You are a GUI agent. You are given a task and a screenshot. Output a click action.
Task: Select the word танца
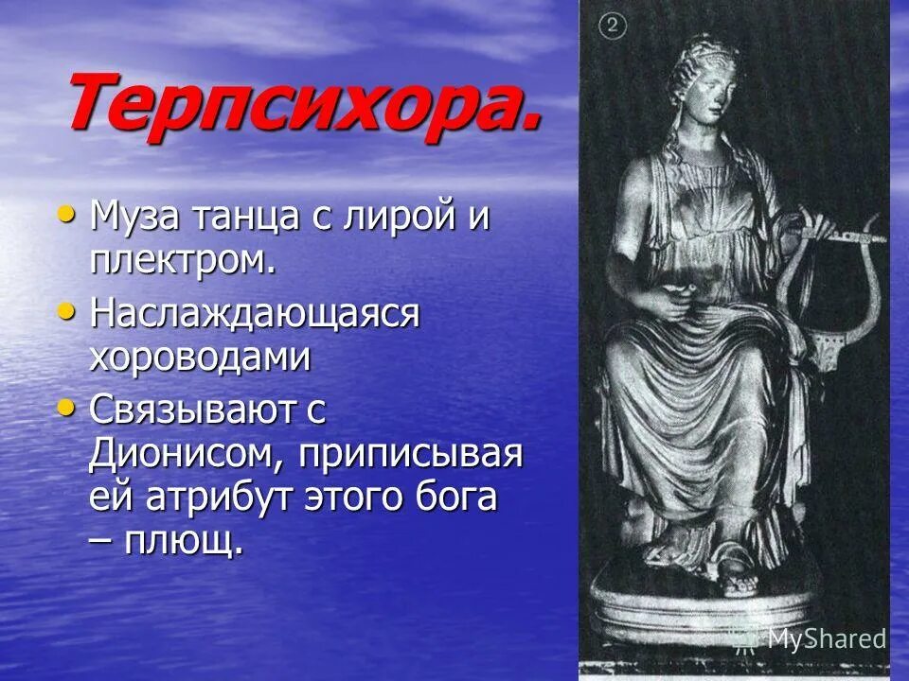coord(236,217)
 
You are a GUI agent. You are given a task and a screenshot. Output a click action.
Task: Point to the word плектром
coord(182,259)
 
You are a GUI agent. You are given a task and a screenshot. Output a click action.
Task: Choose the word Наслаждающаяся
coord(254,314)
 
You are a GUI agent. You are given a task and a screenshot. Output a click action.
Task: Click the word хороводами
coord(200,357)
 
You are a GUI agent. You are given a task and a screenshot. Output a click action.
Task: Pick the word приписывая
coord(412,454)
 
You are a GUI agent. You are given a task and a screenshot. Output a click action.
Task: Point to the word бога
coord(452,497)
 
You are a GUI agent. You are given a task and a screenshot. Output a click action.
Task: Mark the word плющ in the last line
coord(189,541)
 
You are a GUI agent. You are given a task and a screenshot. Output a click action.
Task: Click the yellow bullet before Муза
coord(65,213)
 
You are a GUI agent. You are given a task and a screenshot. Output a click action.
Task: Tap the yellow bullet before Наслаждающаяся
coord(65,310)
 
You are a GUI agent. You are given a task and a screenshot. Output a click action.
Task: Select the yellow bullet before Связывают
coord(65,407)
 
